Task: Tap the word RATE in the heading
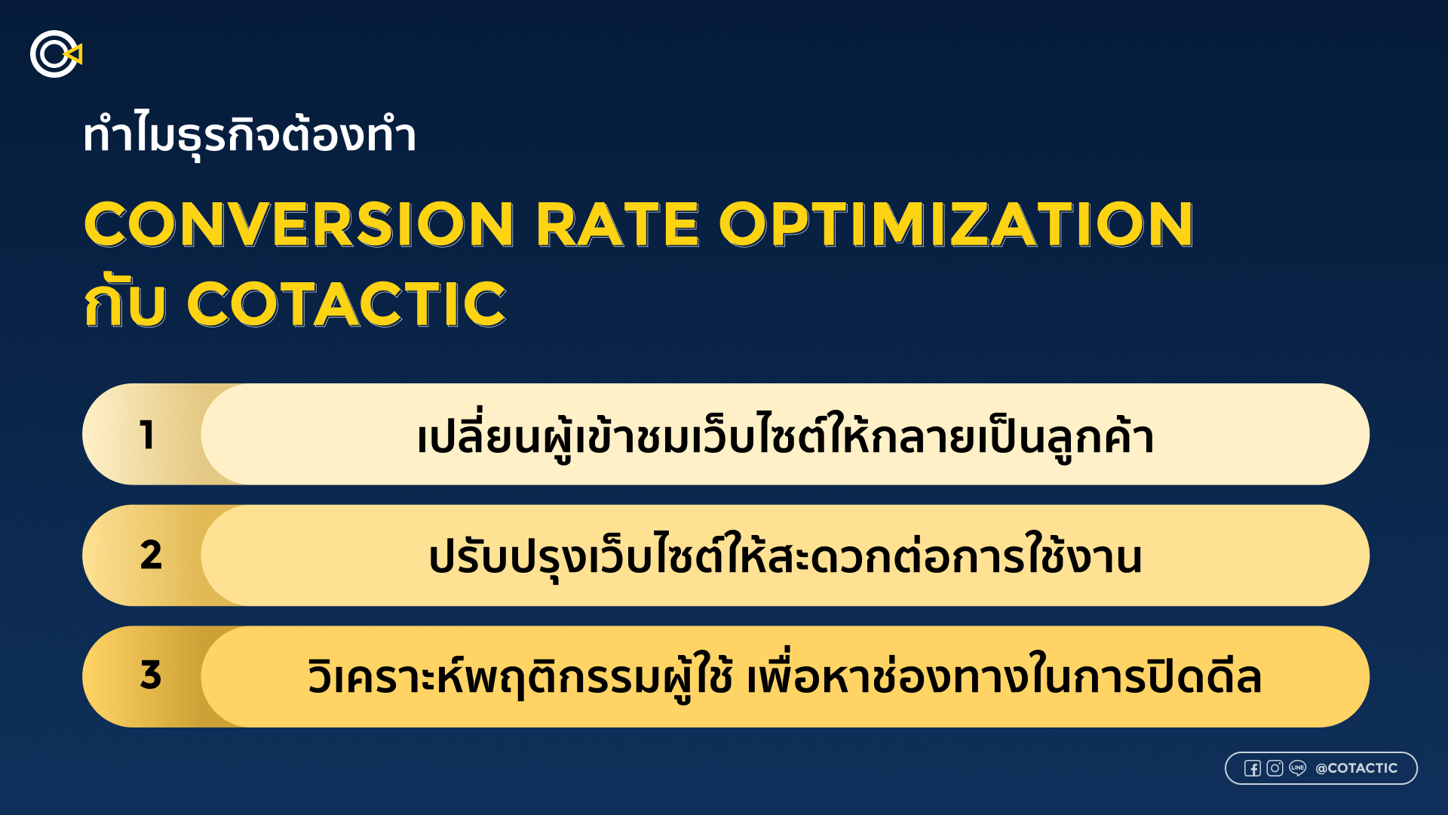pos(618,225)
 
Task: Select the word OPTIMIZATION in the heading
pos(956,225)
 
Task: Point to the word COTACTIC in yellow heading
pos(346,305)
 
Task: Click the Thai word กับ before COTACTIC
pos(124,302)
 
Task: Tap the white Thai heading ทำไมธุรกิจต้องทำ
pos(250,136)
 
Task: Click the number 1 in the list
pos(148,435)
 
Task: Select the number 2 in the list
pos(151,555)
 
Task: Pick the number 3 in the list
pos(151,675)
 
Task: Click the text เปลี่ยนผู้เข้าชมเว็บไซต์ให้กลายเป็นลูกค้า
pos(785,436)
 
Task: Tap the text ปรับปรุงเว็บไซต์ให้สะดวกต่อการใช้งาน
pos(785,556)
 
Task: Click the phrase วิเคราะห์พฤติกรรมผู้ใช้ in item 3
pos(520,675)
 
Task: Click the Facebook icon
pos(1253,768)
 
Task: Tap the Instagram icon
pos(1275,768)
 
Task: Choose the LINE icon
pos(1298,768)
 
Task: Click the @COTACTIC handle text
pos(1357,768)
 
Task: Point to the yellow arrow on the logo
pos(75,54)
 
